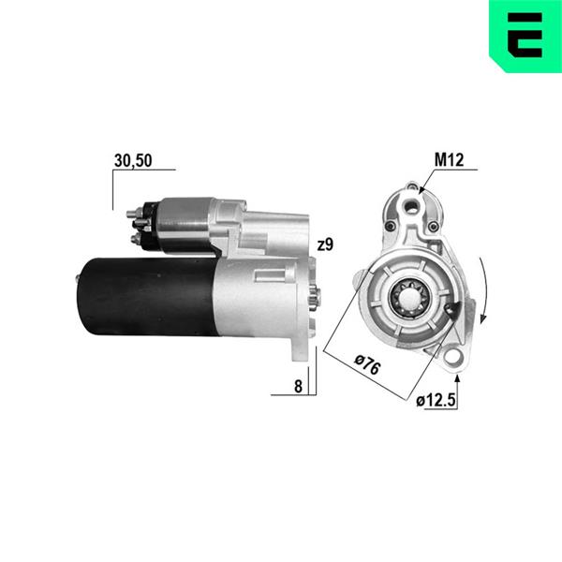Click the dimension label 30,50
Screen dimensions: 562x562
[133, 160]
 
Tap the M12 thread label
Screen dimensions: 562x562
[449, 160]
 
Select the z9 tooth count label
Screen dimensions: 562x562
[325, 244]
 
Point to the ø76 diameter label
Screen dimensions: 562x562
[367, 364]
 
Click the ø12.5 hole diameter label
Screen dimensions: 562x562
[436, 400]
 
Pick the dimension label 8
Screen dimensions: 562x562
[298, 386]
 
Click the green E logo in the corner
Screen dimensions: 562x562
[525, 36]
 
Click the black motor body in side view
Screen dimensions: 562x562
[148, 297]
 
